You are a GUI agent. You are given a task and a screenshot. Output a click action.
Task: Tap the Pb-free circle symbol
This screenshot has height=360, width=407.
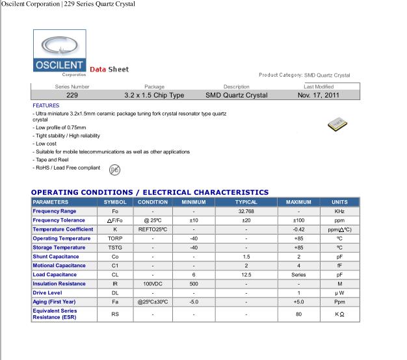pyautogui.click(x=114, y=170)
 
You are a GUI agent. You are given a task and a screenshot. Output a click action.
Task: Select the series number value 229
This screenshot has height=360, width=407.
pyautogui.click(x=73, y=95)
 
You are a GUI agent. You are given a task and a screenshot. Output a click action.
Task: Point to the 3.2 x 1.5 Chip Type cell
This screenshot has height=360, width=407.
pyautogui.click(x=154, y=95)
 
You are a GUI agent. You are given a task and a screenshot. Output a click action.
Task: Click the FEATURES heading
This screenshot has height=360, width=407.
pyautogui.click(x=46, y=105)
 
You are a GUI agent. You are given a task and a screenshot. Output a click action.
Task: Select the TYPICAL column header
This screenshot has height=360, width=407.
pyautogui.click(x=246, y=202)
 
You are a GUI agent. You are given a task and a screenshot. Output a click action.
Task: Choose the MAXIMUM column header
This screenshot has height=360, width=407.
pyautogui.click(x=298, y=202)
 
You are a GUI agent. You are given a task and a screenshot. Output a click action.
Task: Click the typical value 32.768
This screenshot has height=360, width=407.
pyautogui.click(x=246, y=211)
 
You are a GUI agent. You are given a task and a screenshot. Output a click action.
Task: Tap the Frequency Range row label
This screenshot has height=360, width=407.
pyautogui.click(x=55, y=211)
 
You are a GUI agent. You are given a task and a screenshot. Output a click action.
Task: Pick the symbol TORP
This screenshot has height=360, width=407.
pyautogui.click(x=115, y=238)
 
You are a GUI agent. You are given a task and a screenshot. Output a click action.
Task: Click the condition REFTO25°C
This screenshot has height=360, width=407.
pyautogui.click(x=153, y=229)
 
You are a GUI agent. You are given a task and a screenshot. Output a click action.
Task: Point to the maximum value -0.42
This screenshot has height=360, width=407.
pyautogui.click(x=298, y=229)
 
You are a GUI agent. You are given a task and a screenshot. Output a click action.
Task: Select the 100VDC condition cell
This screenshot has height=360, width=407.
pyautogui.click(x=153, y=284)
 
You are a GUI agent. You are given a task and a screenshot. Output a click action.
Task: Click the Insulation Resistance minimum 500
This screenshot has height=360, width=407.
pyautogui.click(x=194, y=284)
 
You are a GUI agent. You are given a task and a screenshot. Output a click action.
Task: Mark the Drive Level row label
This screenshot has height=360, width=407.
pyautogui.click(x=47, y=293)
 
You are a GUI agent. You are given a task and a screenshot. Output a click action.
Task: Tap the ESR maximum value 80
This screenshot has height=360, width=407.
pyautogui.click(x=298, y=315)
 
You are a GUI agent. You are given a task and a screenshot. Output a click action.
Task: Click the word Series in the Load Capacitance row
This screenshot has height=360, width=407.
pyautogui.click(x=298, y=275)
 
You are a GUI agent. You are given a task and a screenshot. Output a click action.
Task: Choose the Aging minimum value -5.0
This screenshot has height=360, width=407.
pyautogui.click(x=194, y=302)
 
